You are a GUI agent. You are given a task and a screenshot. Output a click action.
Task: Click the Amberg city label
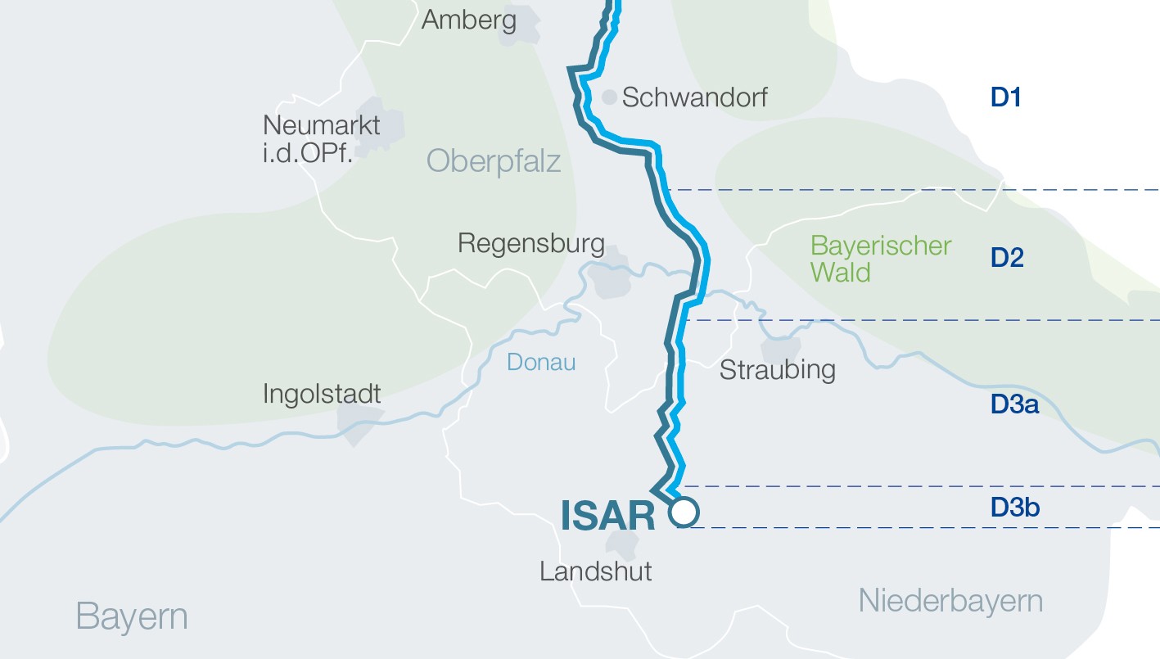click(468, 19)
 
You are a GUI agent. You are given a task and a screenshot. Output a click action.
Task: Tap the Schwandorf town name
click(695, 97)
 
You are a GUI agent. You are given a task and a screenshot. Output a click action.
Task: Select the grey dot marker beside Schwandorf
click(609, 97)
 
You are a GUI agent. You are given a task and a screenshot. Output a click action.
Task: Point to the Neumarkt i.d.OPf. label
click(322, 138)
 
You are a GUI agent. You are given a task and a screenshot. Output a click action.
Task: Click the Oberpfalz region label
click(494, 160)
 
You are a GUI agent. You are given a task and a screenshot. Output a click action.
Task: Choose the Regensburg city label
click(531, 243)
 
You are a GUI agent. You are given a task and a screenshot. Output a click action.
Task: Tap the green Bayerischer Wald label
click(881, 258)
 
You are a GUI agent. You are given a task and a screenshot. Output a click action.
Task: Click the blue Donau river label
click(541, 361)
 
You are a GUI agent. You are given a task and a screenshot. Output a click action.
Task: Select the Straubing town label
click(777, 369)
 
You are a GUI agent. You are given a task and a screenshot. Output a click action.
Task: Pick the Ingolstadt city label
click(322, 394)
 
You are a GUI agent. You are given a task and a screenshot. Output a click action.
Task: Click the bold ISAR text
click(608, 516)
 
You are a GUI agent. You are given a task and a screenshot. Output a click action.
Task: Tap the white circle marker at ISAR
click(684, 512)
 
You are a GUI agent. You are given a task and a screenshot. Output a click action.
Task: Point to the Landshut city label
click(596, 570)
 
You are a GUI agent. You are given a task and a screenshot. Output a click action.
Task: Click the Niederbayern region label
click(950, 601)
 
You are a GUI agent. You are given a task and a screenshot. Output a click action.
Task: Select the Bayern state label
click(132, 616)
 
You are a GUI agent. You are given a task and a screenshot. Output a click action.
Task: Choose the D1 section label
click(1006, 97)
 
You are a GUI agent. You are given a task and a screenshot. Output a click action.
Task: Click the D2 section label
click(1008, 258)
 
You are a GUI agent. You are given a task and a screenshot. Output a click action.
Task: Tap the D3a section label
click(1015, 404)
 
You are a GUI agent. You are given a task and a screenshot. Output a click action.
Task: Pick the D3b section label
click(1015, 508)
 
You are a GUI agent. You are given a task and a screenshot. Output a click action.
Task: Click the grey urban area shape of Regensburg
click(612, 278)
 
